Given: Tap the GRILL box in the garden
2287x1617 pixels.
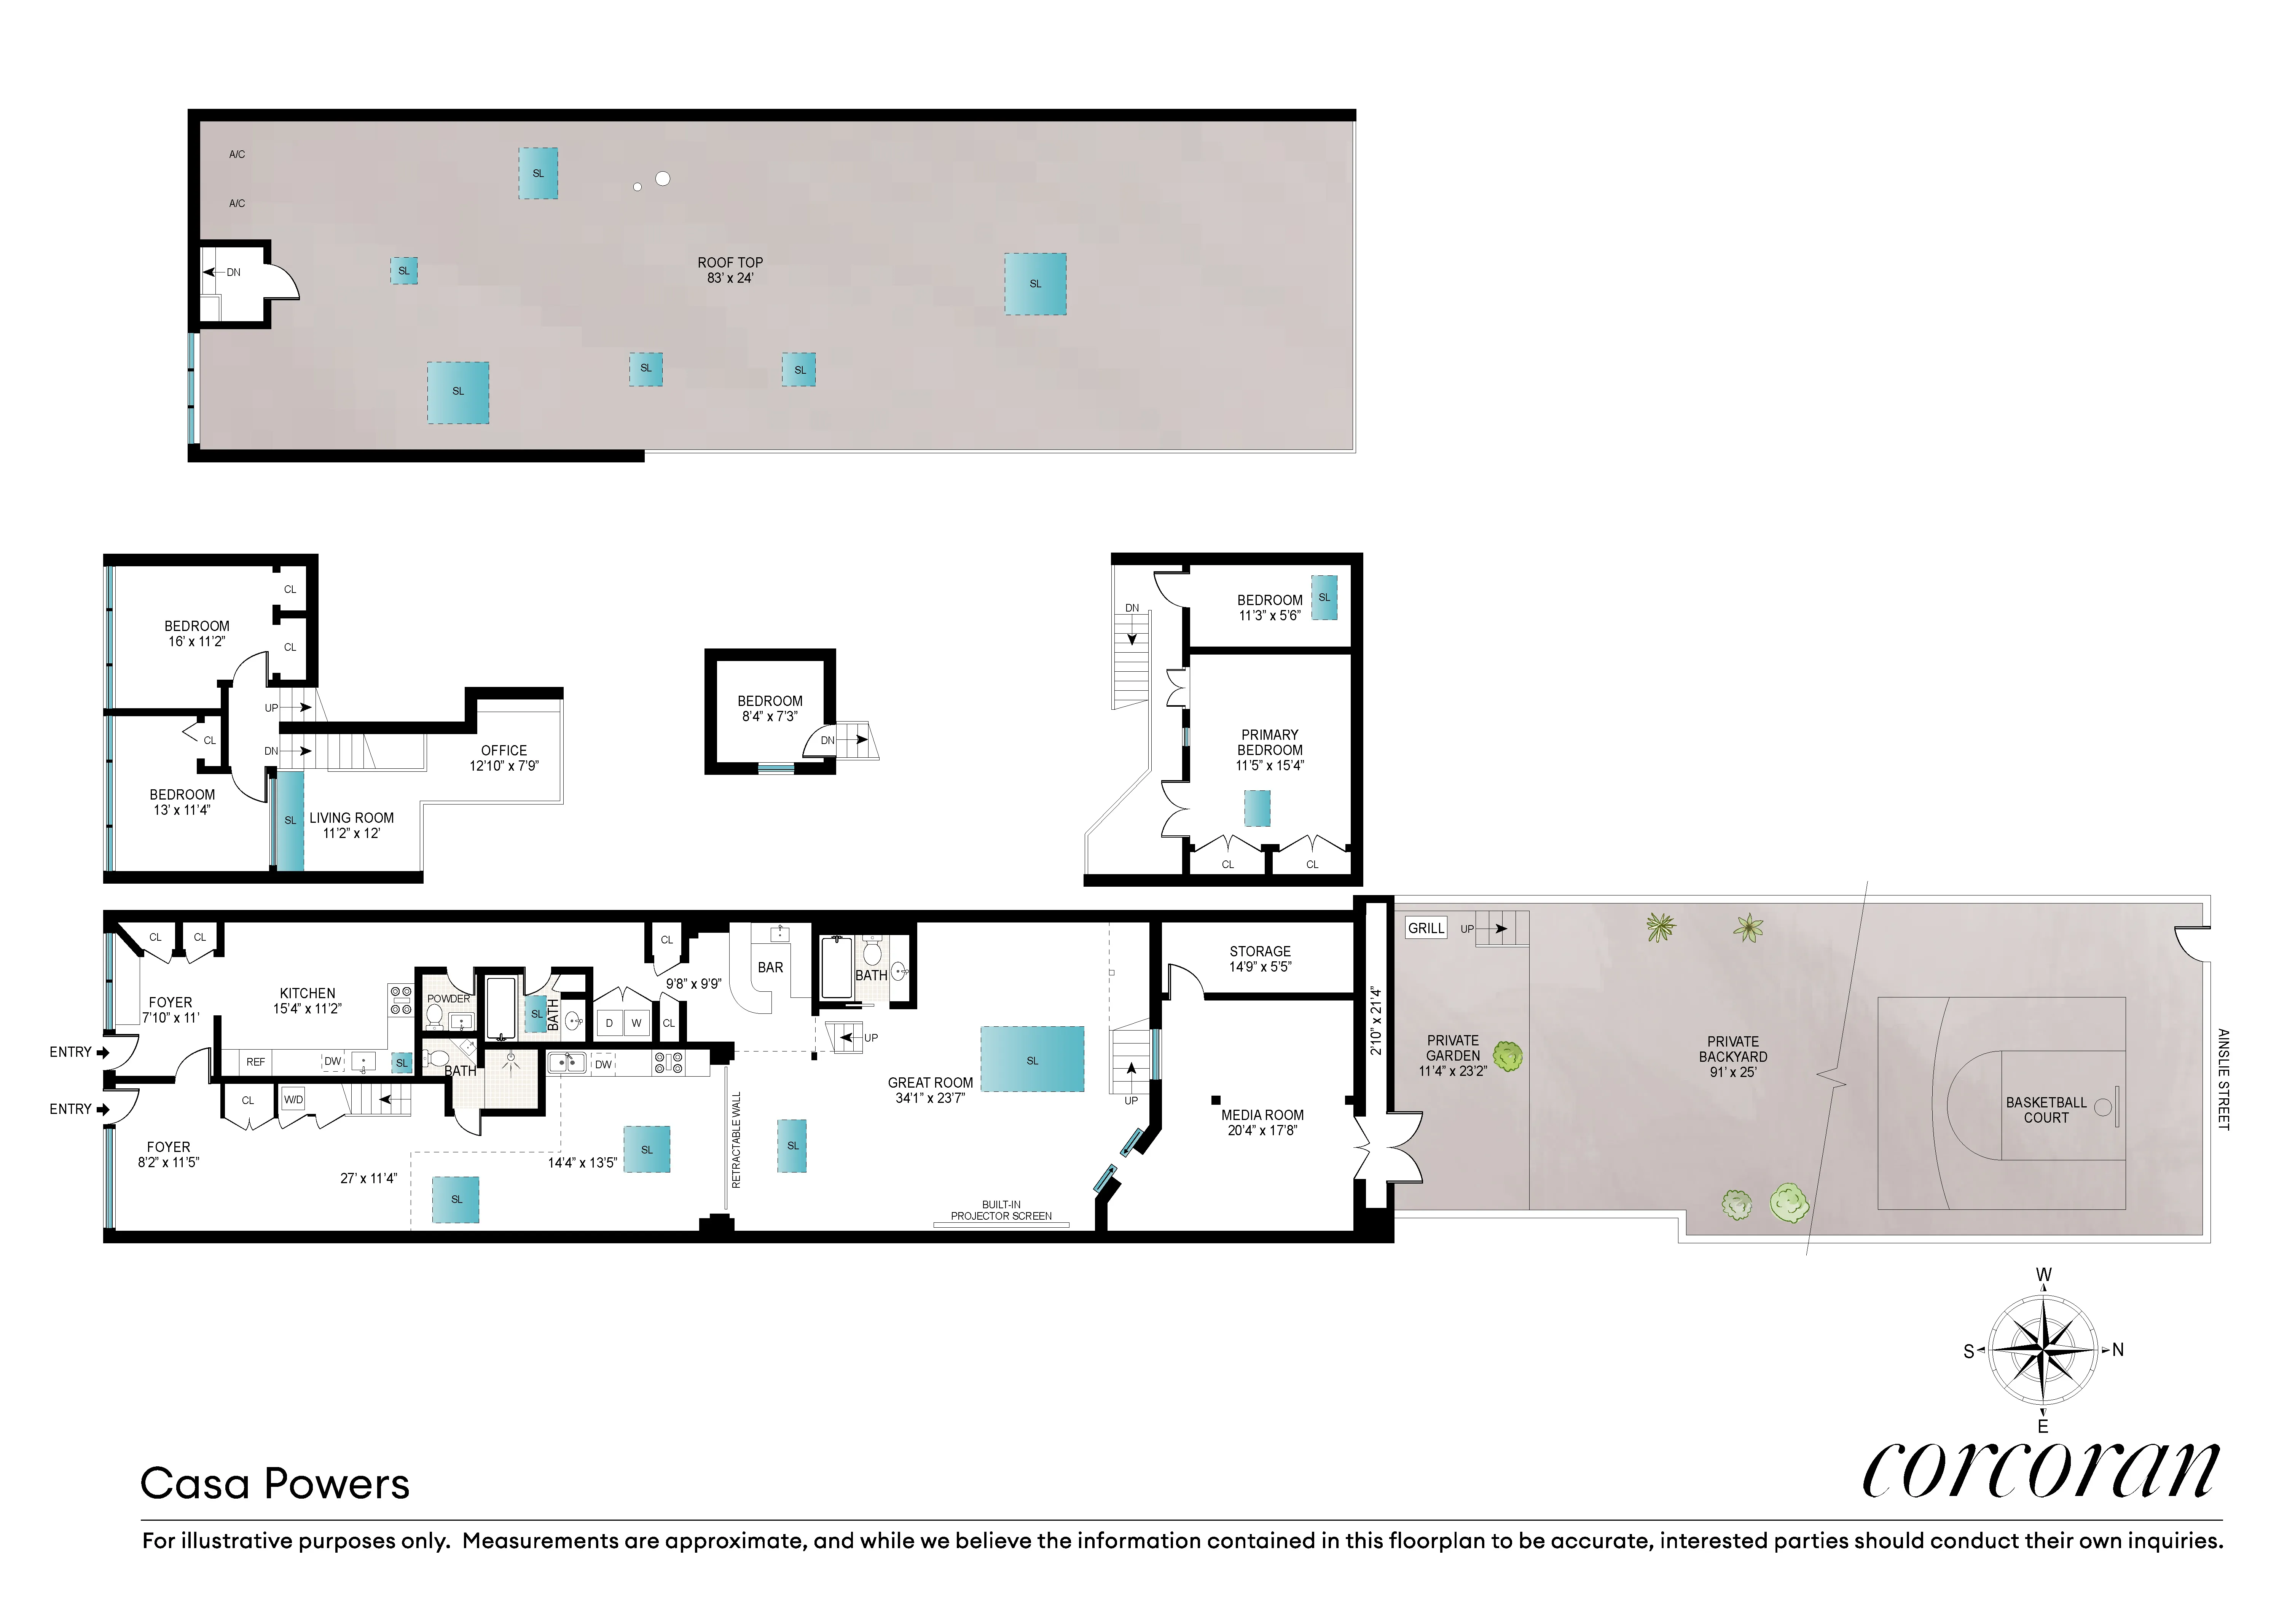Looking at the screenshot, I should [1425, 928].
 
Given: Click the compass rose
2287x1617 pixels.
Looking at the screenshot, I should [2042, 1350].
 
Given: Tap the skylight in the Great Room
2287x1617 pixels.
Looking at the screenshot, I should [1032, 1059].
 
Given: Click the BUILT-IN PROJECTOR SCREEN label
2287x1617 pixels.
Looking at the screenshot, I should [1001, 1210].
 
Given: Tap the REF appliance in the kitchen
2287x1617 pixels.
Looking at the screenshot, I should [256, 1061].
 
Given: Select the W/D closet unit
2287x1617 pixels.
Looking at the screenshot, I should [293, 1099].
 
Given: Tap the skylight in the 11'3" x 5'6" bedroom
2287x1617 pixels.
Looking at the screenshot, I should [1324, 597].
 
